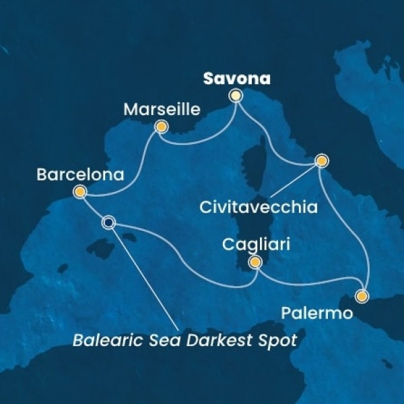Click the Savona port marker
(236, 96)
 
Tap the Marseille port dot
(161, 126)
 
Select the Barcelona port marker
(80, 193)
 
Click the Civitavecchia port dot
(322, 161)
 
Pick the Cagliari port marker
(255, 263)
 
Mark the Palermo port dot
(362, 296)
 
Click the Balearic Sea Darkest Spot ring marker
(108, 222)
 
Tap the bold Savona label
(237, 78)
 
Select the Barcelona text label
(81, 175)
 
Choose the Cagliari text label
(256, 245)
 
